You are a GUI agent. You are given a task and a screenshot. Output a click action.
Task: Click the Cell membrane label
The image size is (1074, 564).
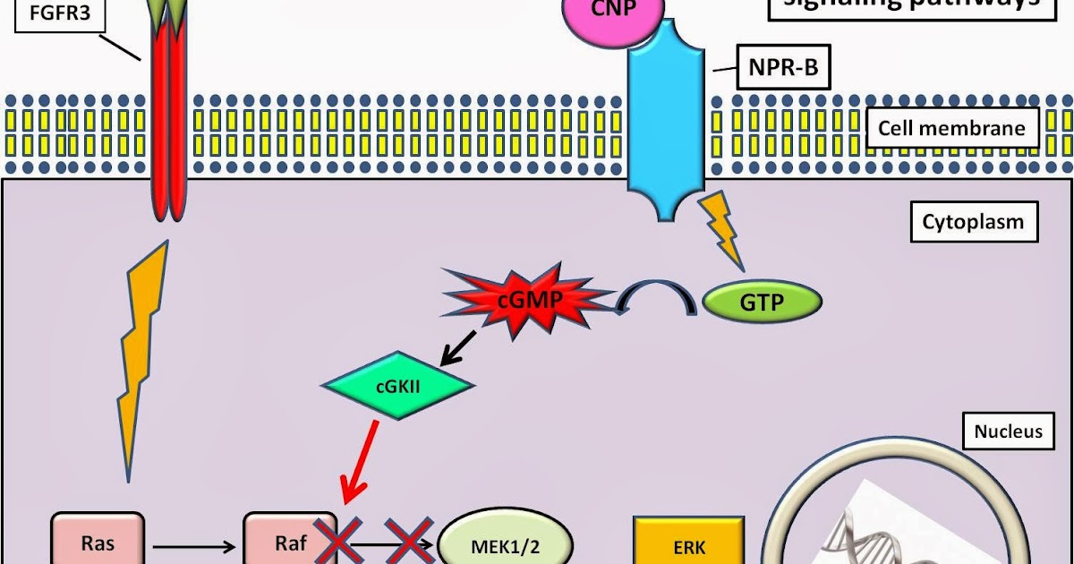(951, 128)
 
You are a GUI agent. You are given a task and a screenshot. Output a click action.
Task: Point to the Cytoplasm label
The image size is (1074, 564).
(974, 220)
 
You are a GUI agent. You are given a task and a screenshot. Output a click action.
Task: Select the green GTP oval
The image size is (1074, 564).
(763, 303)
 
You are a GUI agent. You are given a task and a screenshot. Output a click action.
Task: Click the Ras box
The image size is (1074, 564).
(98, 541)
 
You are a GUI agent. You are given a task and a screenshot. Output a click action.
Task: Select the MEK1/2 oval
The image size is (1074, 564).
(505, 543)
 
